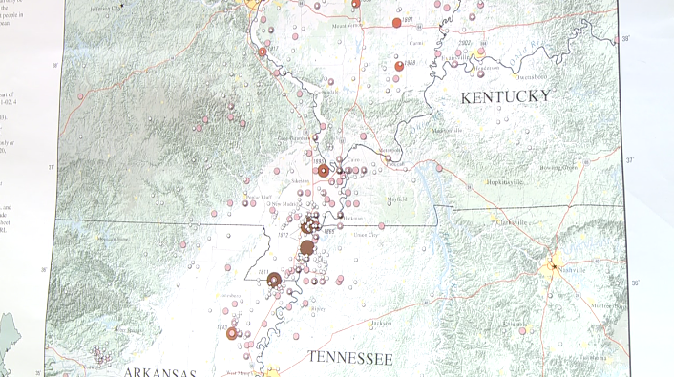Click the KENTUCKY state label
pyautogui.click(x=505, y=96)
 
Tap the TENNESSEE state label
pyautogui.click(x=349, y=358)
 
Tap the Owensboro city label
pyautogui.click(x=533, y=75)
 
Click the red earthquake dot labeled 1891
pyautogui.click(x=396, y=22)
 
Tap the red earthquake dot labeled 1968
pyautogui.click(x=399, y=66)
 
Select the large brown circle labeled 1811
pyautogui.click(x=274, y=280)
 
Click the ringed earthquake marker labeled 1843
pyautogui.click(x=231, y=333)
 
